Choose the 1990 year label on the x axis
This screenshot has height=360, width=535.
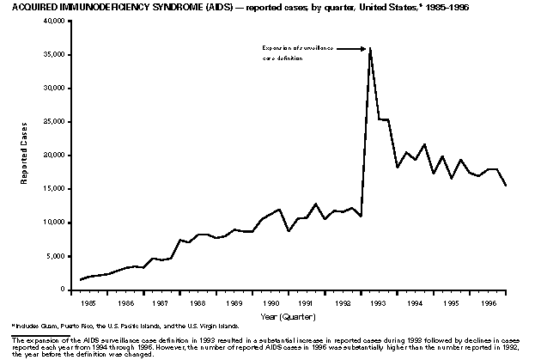[x=271, y=303]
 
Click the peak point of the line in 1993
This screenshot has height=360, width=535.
[x=370, y=47]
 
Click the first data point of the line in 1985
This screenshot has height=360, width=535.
[x=81, y=279]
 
